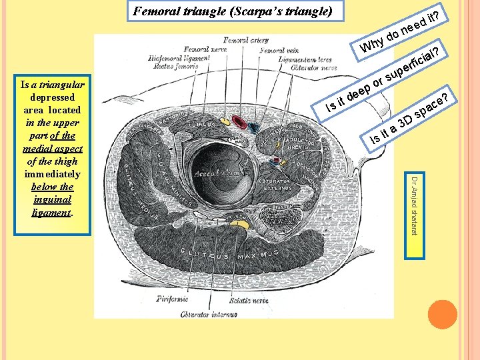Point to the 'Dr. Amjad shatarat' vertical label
414,206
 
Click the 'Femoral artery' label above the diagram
245,40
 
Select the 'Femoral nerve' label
205,49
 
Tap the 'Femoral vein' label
280,50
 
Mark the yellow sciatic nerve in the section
239,224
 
